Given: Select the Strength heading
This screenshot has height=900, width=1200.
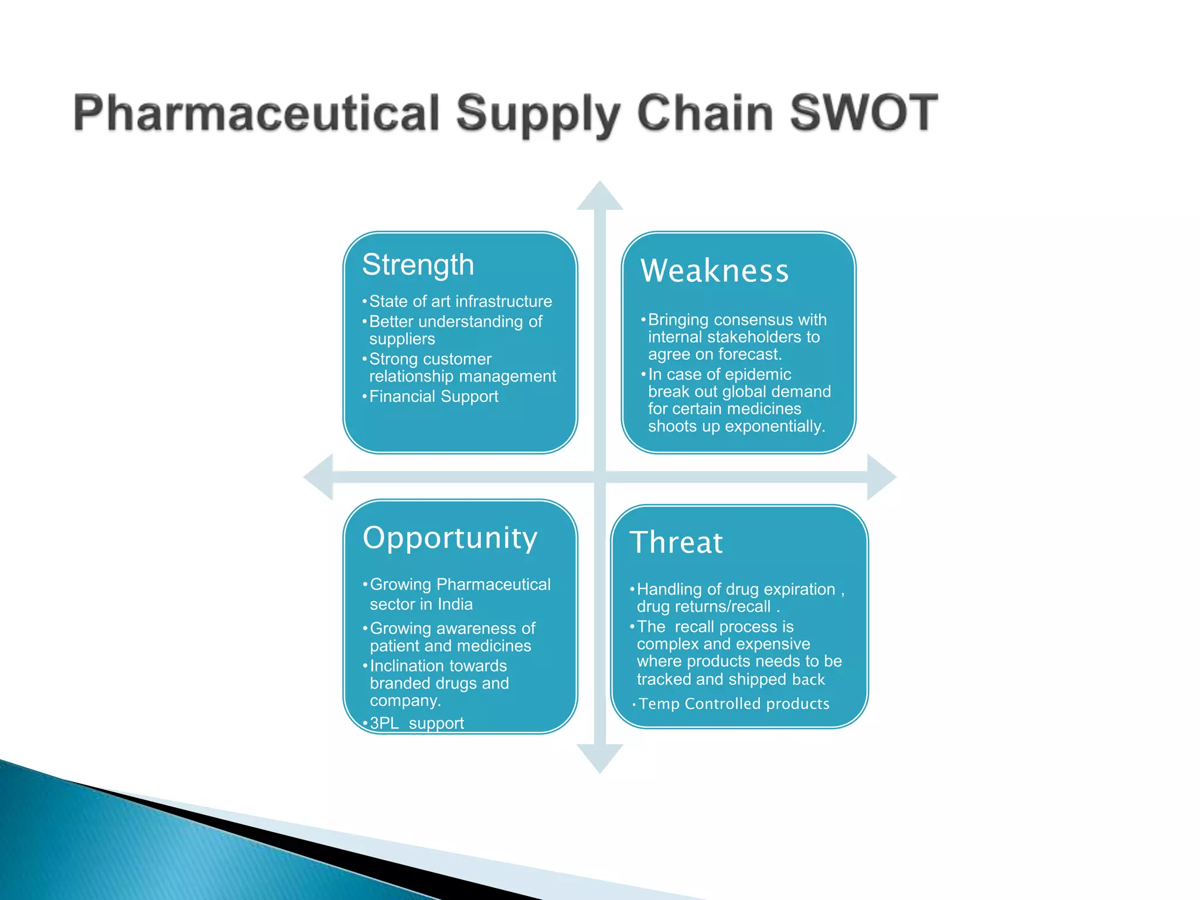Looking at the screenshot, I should click(418, 264).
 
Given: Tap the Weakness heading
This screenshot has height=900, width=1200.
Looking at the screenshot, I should click(714, 271).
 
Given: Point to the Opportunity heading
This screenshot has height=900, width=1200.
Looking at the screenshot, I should click(449, 537).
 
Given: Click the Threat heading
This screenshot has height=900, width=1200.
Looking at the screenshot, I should click(676, 542).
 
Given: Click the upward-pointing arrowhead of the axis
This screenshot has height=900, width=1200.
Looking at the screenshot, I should click(599, 197).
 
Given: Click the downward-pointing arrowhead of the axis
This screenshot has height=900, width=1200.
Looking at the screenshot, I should click(599, 758).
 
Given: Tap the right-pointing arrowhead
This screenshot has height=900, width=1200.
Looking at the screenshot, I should click(880, 476).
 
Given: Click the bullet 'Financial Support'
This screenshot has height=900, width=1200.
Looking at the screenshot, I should click(433, 397).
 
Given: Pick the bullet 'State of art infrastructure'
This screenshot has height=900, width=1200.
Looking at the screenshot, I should click(460, 301).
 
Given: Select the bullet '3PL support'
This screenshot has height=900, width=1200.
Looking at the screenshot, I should click(416, 723).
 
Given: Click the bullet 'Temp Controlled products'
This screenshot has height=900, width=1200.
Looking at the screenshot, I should click(734, 704).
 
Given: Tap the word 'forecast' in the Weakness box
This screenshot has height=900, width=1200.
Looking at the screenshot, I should click(748, 354).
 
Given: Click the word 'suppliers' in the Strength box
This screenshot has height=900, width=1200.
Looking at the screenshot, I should click(402, 339).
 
